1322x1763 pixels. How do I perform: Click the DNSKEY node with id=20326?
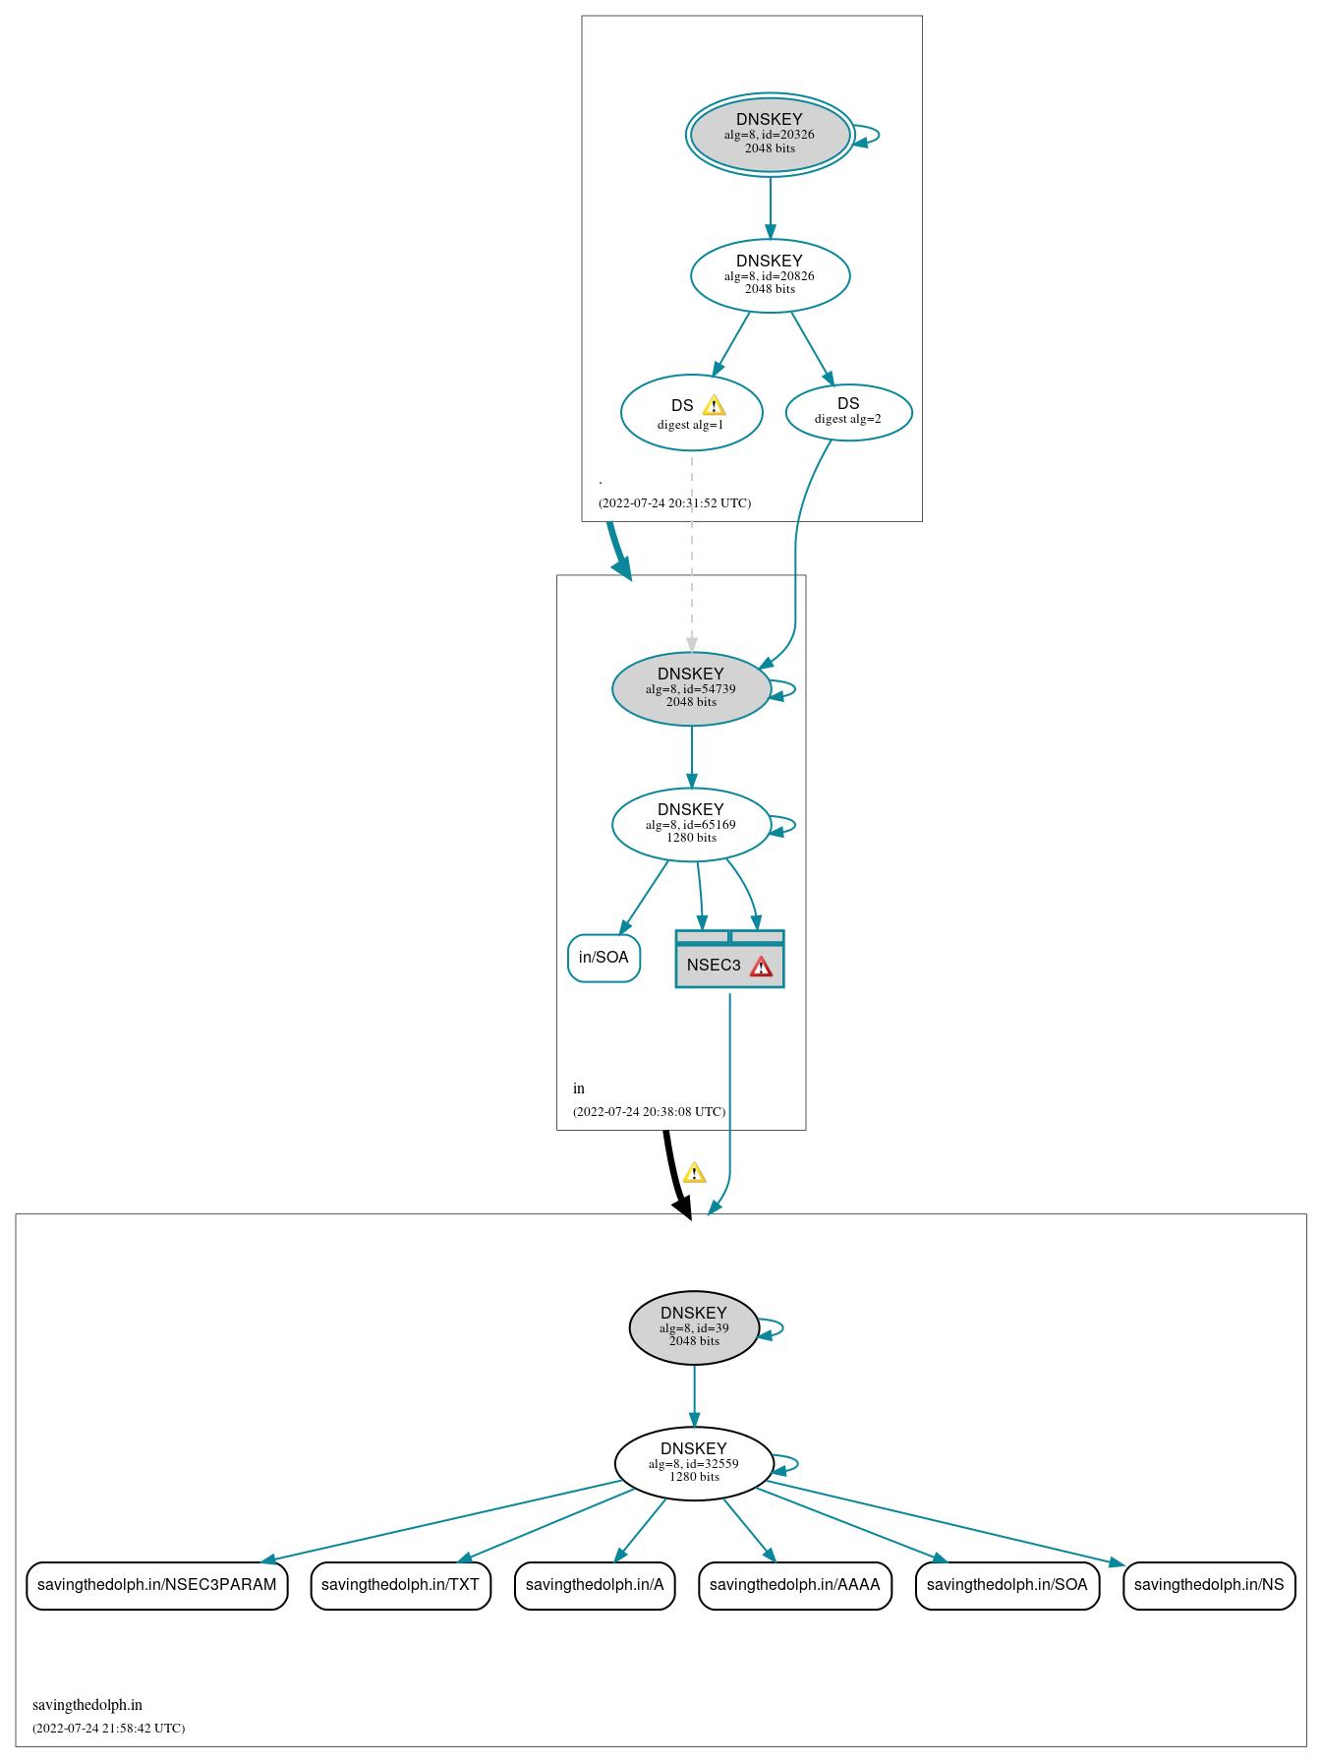[770, 135]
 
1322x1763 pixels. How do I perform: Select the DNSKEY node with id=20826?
[770, 275]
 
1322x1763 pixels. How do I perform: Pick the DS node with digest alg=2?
[848, 412]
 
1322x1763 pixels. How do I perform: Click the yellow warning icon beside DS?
[714, 405]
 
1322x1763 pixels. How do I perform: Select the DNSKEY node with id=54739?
[691, 688]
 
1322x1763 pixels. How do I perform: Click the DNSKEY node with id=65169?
[691, 824]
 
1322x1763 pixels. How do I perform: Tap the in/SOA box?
[604, 958]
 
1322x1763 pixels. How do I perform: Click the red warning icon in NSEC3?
[761, 967]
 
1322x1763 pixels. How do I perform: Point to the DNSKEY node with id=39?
[694, 1327]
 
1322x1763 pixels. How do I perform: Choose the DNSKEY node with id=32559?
[694, 1463]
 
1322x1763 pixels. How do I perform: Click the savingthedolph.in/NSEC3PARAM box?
[157, 1585]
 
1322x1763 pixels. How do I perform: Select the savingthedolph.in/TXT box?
[400, 1585]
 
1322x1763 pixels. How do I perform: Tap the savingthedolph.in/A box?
[595, 1585]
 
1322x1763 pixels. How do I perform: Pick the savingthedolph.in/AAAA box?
[794, 1585]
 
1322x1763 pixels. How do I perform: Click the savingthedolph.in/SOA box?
[1006, 1585]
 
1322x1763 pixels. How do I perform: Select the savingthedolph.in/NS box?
[1208, 1585]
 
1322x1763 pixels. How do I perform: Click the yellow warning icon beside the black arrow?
[694, 1173]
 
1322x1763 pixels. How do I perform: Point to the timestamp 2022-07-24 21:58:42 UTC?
[108, 1728]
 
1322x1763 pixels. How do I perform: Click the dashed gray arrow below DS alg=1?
[692, 551]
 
